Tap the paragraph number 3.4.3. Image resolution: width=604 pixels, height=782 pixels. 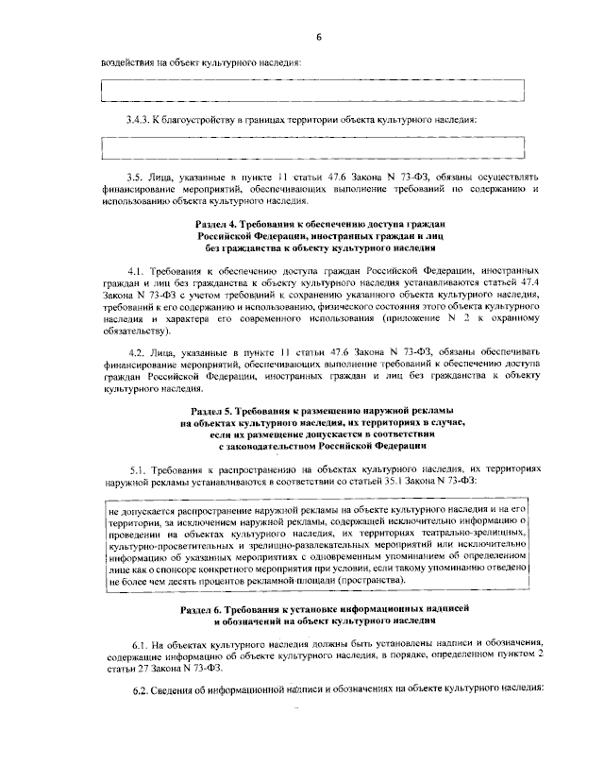point(141,120)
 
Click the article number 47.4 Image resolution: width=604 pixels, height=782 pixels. point(530,281)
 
